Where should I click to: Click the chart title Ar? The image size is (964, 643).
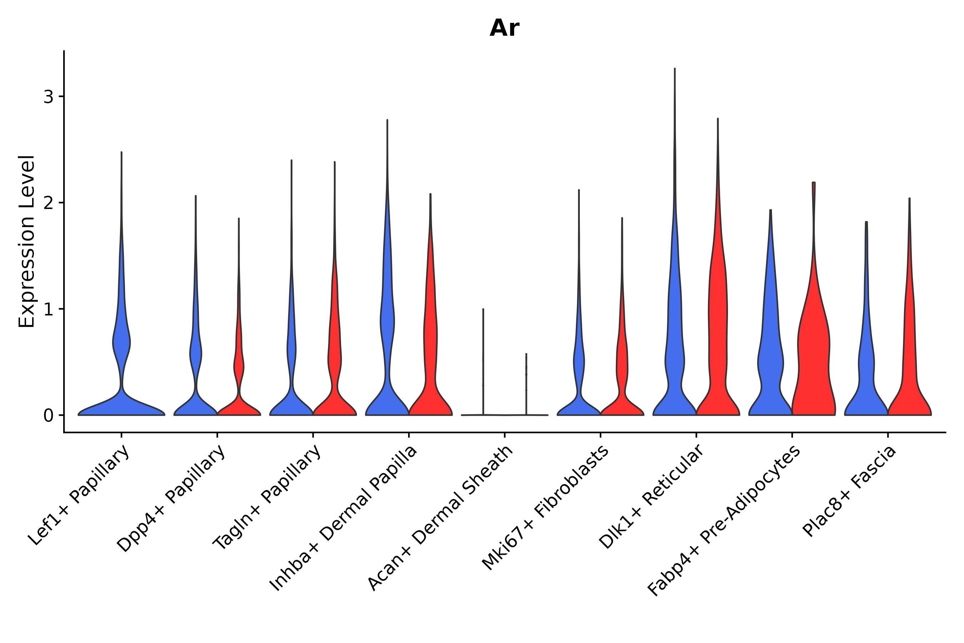coord(504,28)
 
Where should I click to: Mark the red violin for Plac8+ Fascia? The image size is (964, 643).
coord(909,349)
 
